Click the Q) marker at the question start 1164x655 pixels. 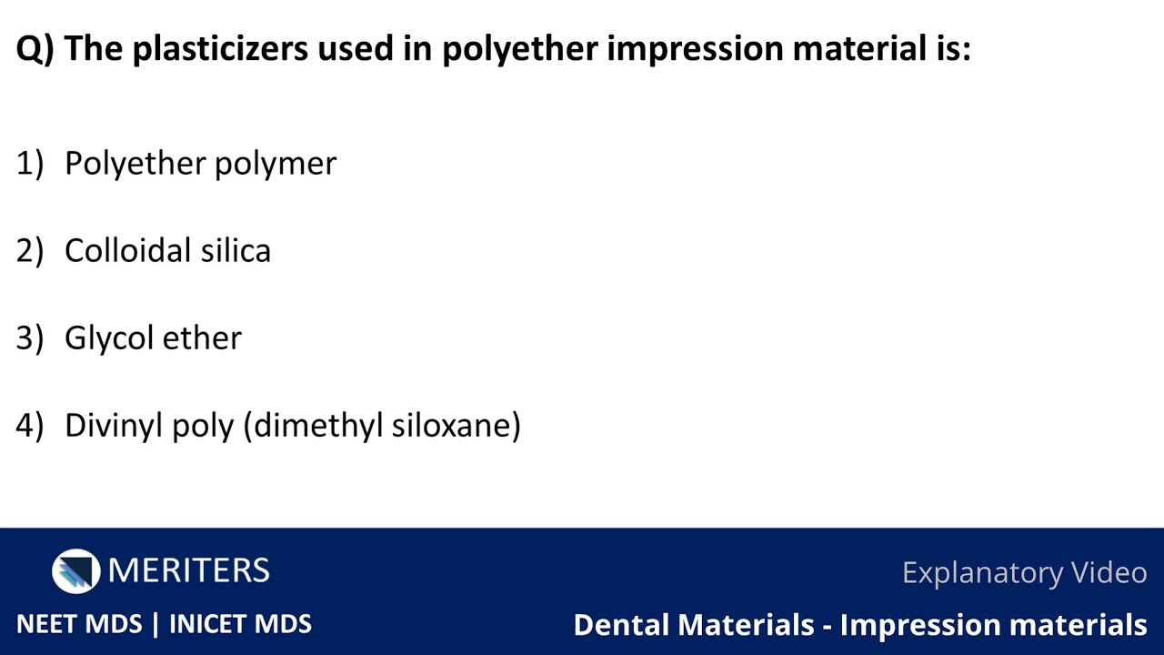[35, 49]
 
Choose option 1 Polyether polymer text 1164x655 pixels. [200, 164]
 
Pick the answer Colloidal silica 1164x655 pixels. [167, 251]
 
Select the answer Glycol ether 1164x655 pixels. [153, 338]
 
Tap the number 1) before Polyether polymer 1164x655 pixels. [29, 164]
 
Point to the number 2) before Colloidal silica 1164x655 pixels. [29, 251]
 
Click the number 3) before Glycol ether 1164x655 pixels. [29, 338]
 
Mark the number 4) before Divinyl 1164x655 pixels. [29, 426]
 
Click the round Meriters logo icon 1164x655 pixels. [75, 571]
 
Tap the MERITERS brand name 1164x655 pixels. [188, 571]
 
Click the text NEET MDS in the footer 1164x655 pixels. [79, 624]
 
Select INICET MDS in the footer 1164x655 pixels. [240, 624]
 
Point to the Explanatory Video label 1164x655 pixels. [1024, 573]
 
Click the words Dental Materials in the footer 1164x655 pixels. [693, 625]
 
